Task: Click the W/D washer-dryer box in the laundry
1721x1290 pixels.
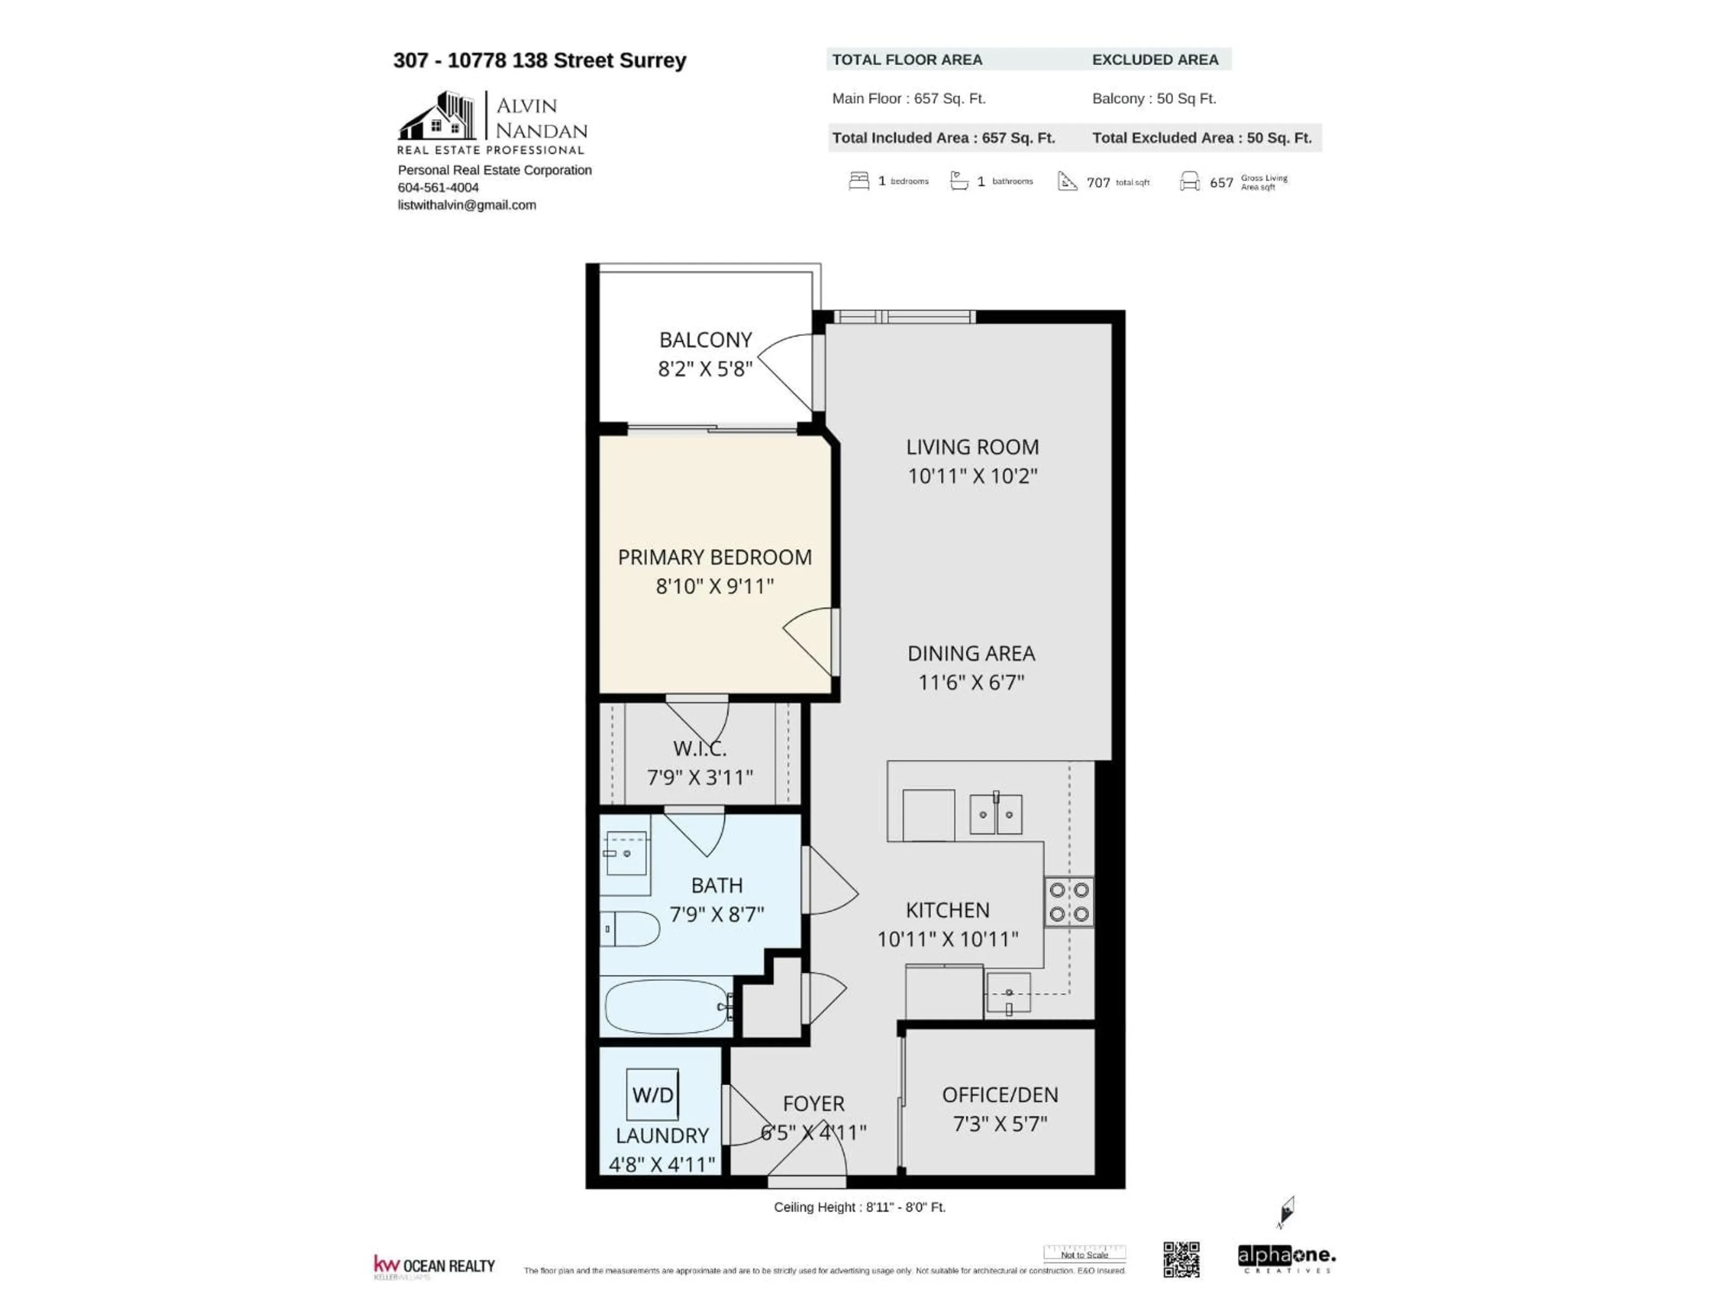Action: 652,1095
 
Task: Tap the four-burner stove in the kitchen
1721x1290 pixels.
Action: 1069,902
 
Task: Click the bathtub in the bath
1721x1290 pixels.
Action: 667,1007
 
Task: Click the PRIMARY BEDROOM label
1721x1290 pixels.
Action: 714,558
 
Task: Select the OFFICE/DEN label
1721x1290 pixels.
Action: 1000,1095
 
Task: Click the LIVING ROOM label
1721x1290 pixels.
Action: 972,447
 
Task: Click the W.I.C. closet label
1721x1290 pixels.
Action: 700,749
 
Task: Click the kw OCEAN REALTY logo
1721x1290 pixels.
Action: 434,1266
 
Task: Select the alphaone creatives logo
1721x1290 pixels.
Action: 1286,1258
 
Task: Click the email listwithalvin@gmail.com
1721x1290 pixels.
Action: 467,205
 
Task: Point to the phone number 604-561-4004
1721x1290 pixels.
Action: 438,187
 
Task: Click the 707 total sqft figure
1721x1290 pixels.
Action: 1098,183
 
